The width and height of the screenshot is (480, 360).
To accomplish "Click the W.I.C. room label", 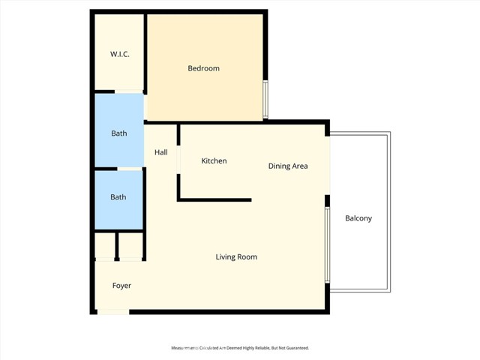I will pos(118,54).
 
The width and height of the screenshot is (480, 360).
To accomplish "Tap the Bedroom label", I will pos(203,68).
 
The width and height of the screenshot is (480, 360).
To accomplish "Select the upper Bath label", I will pos(118,133).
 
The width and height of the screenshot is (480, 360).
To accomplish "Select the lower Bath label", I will pos(118,197).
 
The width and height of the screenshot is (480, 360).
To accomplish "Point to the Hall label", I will pos(160,152).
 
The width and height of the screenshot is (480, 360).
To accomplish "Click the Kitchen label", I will pos(214,161).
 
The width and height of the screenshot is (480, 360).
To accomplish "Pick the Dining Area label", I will pos(288,166).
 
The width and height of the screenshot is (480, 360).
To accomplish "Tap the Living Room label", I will pos(236,257).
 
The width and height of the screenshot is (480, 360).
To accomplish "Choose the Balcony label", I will pos(358,218).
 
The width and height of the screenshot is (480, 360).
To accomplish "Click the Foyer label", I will pos(121,286).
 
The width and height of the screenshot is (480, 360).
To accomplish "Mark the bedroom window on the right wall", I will pos(265,100).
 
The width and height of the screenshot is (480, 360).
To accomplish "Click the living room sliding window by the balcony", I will pos(327,245).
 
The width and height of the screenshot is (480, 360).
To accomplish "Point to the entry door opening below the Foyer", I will pos(113,312).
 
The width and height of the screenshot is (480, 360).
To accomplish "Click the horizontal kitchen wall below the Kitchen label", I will pos(214,200).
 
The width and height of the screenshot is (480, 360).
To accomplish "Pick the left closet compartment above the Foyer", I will pos(106,246).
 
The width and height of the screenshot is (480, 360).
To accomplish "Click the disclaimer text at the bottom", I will pos(240,348).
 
